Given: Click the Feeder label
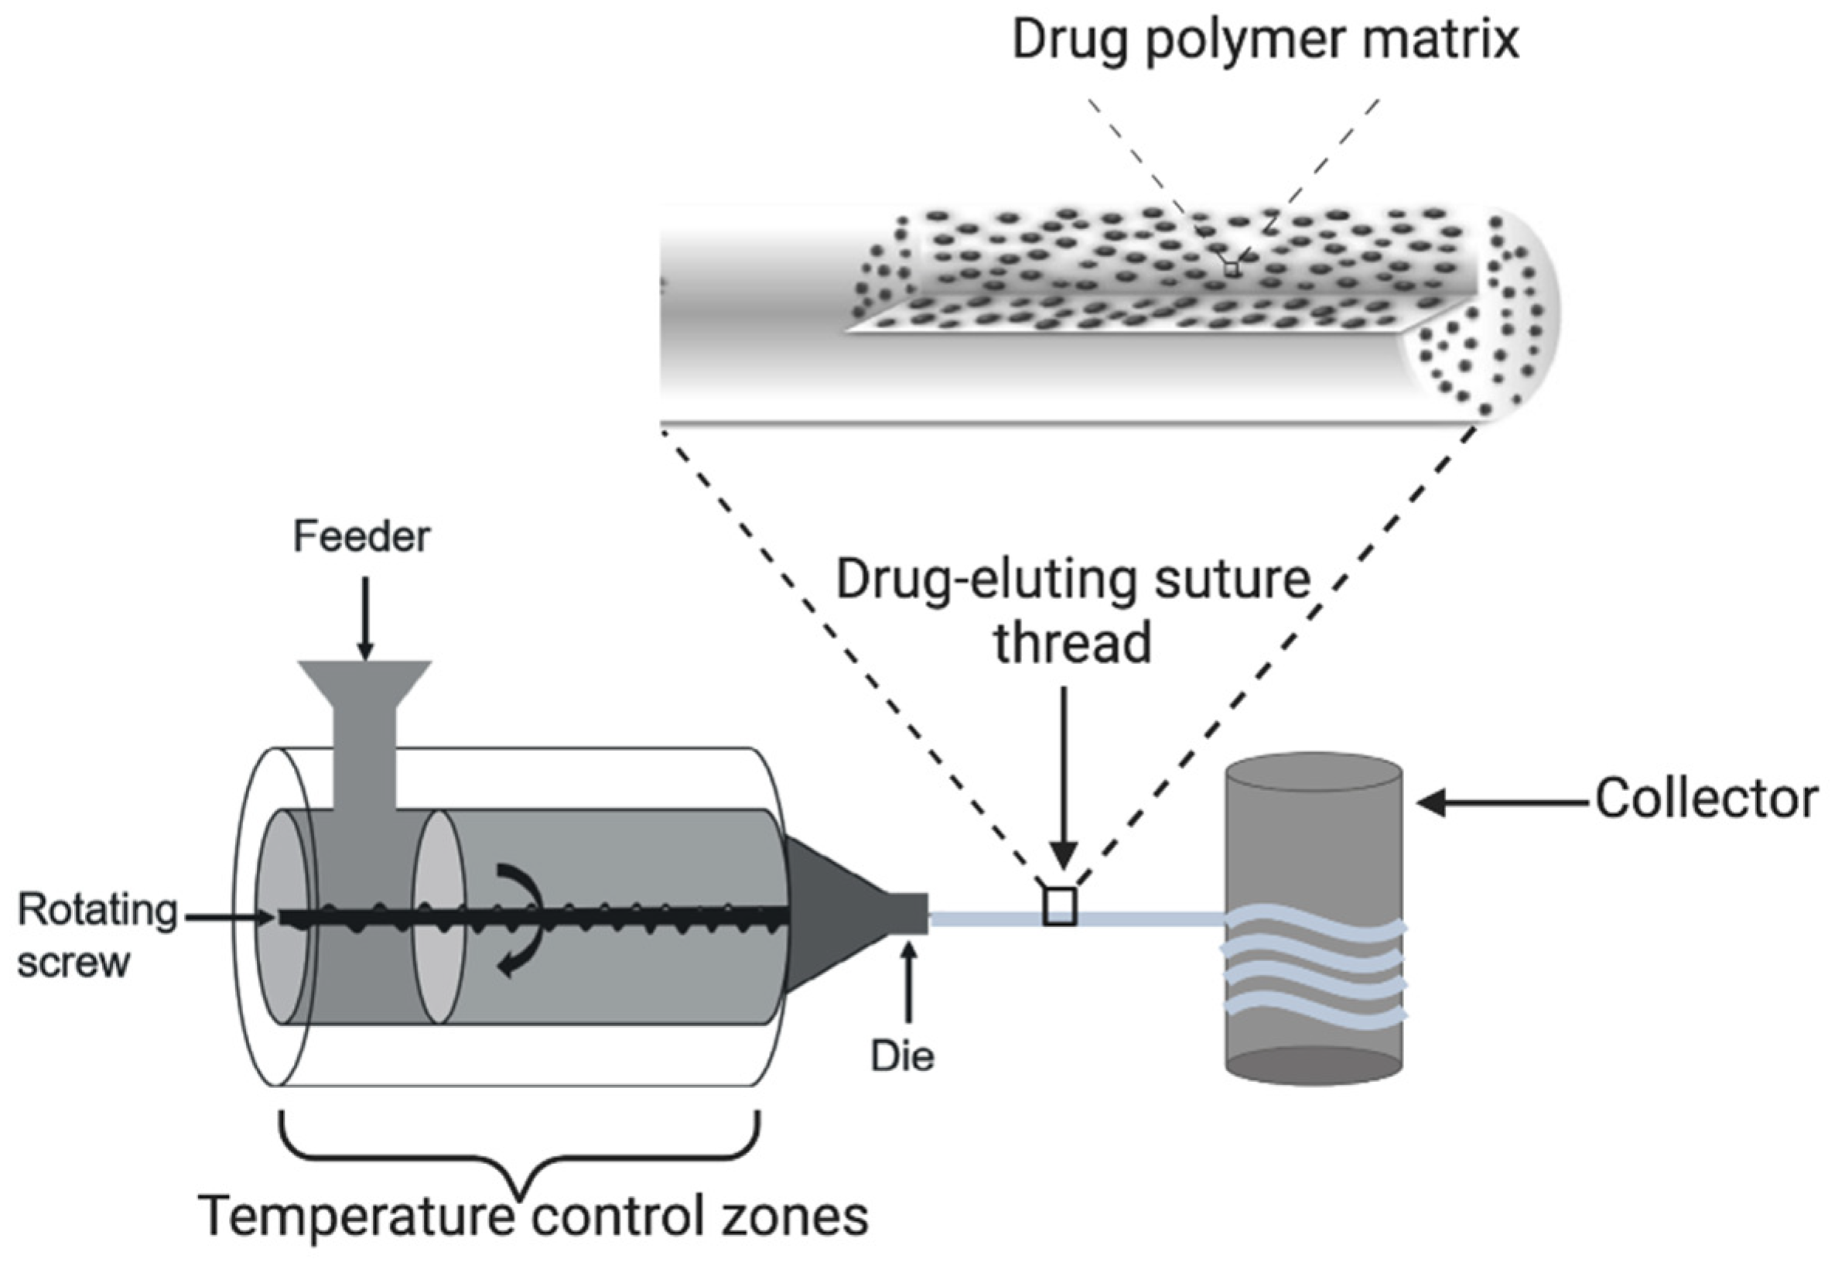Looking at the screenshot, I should pos(361,537).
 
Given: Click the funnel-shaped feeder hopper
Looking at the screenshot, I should pos(364,687).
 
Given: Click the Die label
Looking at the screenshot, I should pos(903,1056).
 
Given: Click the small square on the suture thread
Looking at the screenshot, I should pos(1059,907).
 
